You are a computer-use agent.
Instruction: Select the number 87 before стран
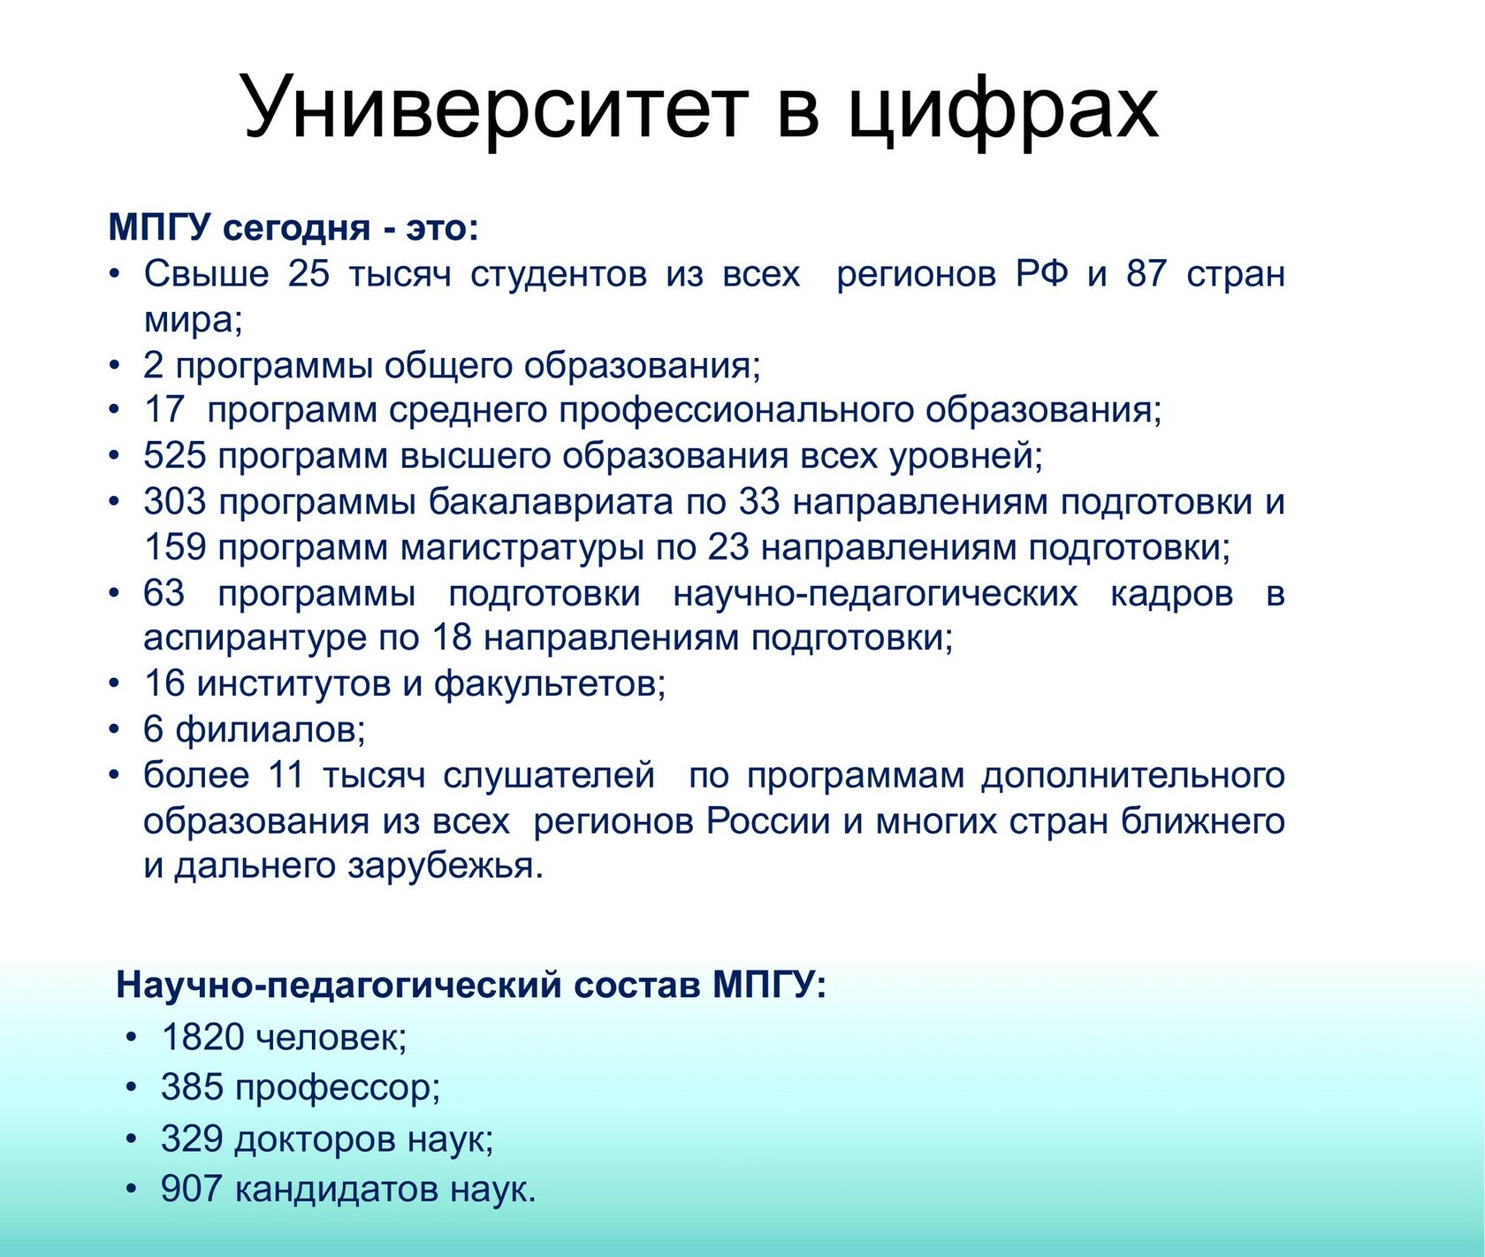click(1146, 273)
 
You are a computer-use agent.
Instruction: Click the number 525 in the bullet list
click(174, 456)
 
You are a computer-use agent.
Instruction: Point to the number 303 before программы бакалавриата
click(174, 502)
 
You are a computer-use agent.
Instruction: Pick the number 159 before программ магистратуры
click(174, 548)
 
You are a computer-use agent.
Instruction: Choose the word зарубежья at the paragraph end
click(445, 866)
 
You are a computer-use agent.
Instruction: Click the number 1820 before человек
click(202, 1037)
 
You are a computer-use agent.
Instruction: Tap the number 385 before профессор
click(192, 1087)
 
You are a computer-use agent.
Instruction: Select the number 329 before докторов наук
click(192, 1139)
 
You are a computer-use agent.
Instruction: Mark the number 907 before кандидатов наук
click(192, 1189)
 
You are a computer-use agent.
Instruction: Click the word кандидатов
click(337, 1190)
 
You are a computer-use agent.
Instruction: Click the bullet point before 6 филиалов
click(114, 730)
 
